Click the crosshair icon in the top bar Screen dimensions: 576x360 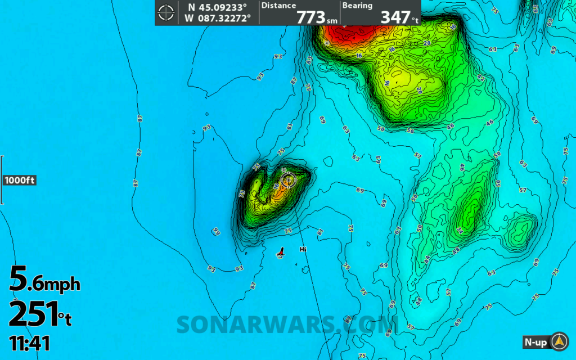tap(166, 12)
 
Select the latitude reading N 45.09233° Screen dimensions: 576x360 tap(218, 7)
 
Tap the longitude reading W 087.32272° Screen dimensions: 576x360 tap(218, 18)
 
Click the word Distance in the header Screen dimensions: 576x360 tap(278, 6)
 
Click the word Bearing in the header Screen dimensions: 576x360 tap(358, 6)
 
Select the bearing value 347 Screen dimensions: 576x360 tap(395, 17)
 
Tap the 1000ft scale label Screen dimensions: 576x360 tap(20, 181)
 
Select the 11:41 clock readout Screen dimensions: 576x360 tap(29, 343)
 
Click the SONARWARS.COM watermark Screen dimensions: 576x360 tap(287, 325)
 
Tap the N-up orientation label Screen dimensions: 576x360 tap(536, 341)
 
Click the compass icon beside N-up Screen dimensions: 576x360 tap(559, 341)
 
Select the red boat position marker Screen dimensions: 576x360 tap(281, 253)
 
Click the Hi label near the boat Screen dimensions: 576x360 tap(303, 249)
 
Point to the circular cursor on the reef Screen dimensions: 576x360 tap(288, 181)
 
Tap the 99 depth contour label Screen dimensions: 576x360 tap(217, 231)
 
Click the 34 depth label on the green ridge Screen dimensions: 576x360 tap(460, 230)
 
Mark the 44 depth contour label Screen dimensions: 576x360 tap(427, 259)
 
